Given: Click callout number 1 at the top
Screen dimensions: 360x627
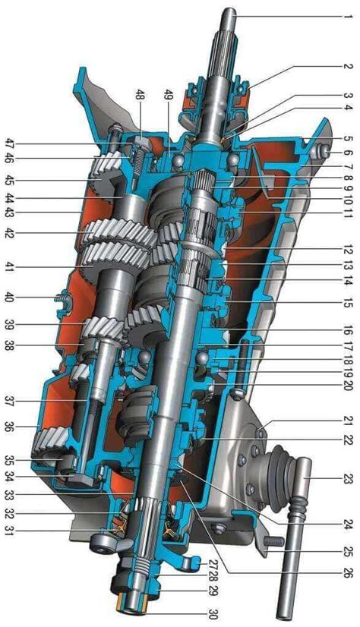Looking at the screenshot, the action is [x=346, y=17].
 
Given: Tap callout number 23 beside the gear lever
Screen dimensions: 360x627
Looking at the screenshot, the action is [x=346, y=478].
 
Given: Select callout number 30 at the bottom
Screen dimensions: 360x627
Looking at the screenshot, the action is [x=214, y=613].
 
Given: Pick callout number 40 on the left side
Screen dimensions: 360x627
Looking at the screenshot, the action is [x=9, y=298].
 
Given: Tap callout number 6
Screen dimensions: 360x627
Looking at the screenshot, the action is [x=346, y=153].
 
